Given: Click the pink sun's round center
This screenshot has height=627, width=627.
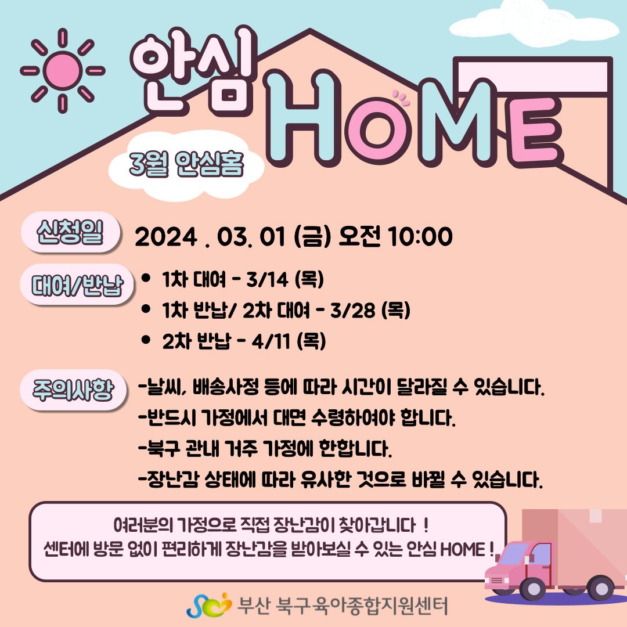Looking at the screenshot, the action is click(63, 70).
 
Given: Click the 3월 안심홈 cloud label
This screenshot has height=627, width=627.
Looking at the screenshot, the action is click(186, 165).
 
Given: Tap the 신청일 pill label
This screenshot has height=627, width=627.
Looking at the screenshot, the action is click(70, 232).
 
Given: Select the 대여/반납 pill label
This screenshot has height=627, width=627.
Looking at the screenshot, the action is click(77, 284).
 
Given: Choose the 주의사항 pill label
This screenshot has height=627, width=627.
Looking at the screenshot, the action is click(74, 390).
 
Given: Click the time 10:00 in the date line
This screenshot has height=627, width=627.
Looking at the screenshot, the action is click(420, 236).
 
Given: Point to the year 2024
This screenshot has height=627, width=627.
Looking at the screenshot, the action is click(167, 237).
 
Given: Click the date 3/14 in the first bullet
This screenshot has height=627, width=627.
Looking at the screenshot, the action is click(267, 279).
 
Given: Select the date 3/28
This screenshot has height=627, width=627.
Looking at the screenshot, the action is click(353, 310).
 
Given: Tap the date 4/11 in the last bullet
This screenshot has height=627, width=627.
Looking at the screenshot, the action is click(271, 341).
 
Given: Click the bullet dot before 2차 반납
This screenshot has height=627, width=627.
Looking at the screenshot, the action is click(146, 340).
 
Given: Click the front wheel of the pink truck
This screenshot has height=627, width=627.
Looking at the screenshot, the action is click(533, 588).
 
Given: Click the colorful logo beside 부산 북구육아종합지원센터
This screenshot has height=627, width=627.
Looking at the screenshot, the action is click(209, 605).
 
